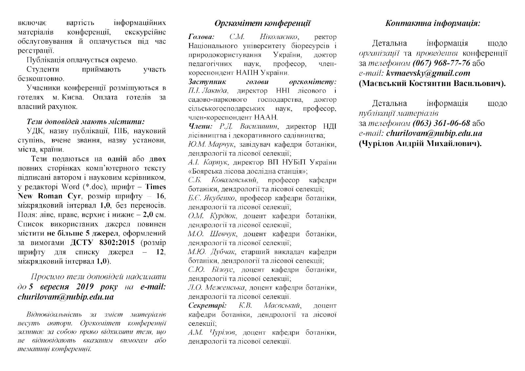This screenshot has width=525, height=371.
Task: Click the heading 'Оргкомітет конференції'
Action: pyautogui.click(x=262, y=23)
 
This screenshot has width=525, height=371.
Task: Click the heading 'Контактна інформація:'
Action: pyautogui.click(x=433, y=23)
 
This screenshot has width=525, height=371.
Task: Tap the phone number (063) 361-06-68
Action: pyautogui.click(x=441, y=123)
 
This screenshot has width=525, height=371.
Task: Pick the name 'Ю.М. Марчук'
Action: pyautogui.click(x=211, y=144)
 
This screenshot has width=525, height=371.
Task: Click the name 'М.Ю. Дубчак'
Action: pyautogui.click(x=212, y=252)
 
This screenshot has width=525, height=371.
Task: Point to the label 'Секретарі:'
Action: pyautogui.click(x=207, y=305)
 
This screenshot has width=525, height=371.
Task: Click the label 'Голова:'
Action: pyautogui.click(x=201, y=37)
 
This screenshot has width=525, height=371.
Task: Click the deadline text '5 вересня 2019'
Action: pyautogui.click(x=61, y=287)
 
